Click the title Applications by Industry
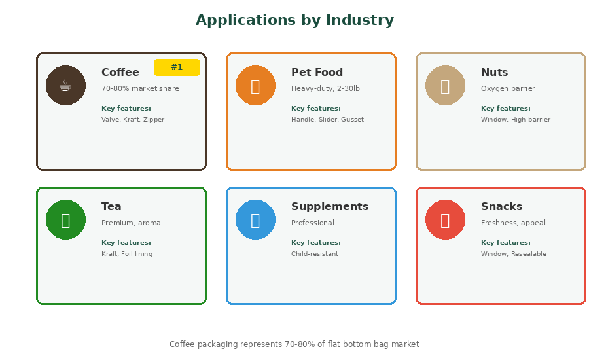point(295,20)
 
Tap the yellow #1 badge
point(177,67)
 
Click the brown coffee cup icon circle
point(65,85)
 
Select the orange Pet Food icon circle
point(255,85)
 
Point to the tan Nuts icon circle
point(445,85)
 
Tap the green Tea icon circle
point(65,219)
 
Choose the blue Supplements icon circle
point(255,219)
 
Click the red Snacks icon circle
point(445,219)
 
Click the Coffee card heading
point(120,72)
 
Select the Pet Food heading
point(317,72)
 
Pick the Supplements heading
point(330,207)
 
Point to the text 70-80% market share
point(140,88)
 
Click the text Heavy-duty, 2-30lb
point(325,88)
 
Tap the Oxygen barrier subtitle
point(508,88)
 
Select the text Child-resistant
point(315,254)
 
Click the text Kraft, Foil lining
point(127,254)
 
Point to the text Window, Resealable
point(514,254)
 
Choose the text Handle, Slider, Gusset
point(328,120)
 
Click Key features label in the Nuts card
point(506,109)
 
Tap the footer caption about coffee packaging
point(294,344)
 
